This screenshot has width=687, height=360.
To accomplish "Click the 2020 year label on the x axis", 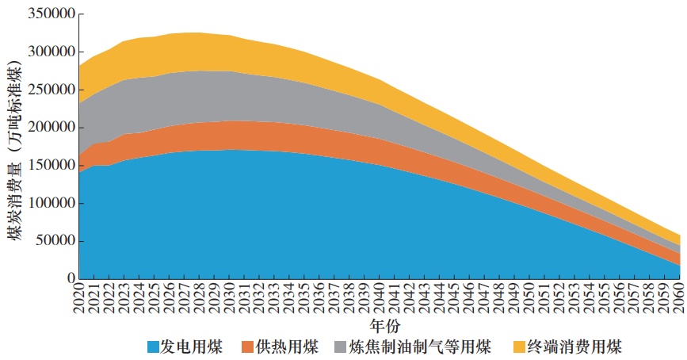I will click(79, 299).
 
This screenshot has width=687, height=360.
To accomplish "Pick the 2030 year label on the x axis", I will click(230, 299).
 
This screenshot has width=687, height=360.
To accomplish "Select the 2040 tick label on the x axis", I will click(380, 299).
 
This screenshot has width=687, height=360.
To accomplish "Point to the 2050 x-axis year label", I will click(530, 299).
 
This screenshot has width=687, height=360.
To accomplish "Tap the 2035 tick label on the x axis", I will click(305, 299).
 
